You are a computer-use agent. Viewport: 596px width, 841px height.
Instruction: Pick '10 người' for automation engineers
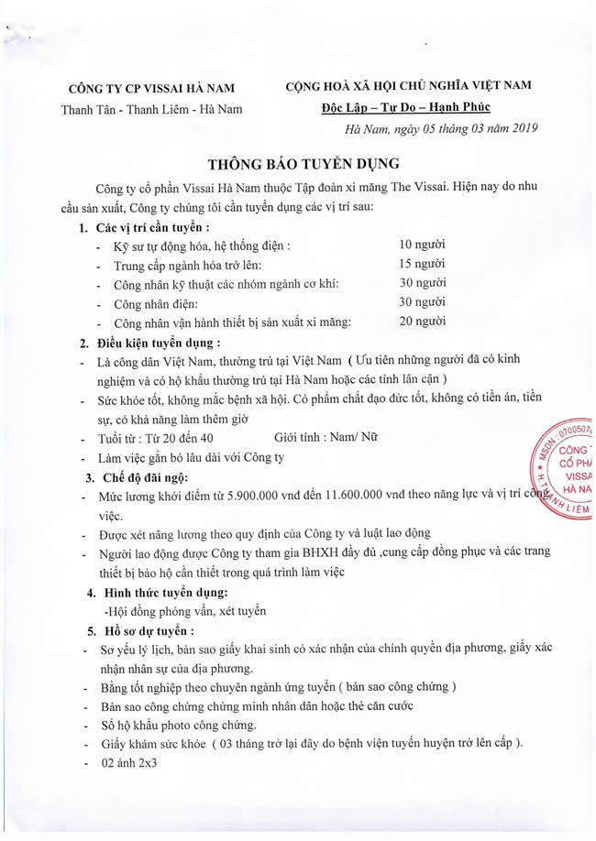[x=422, y=245]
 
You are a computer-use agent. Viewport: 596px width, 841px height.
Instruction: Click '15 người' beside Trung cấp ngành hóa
[x=422, y=264]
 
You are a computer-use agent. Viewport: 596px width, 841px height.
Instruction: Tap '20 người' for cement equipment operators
[x=422, y=322]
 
